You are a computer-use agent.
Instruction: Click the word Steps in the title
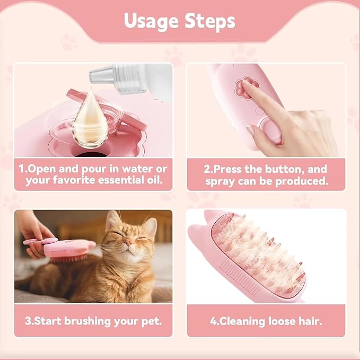210,21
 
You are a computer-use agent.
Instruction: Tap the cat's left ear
112,218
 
